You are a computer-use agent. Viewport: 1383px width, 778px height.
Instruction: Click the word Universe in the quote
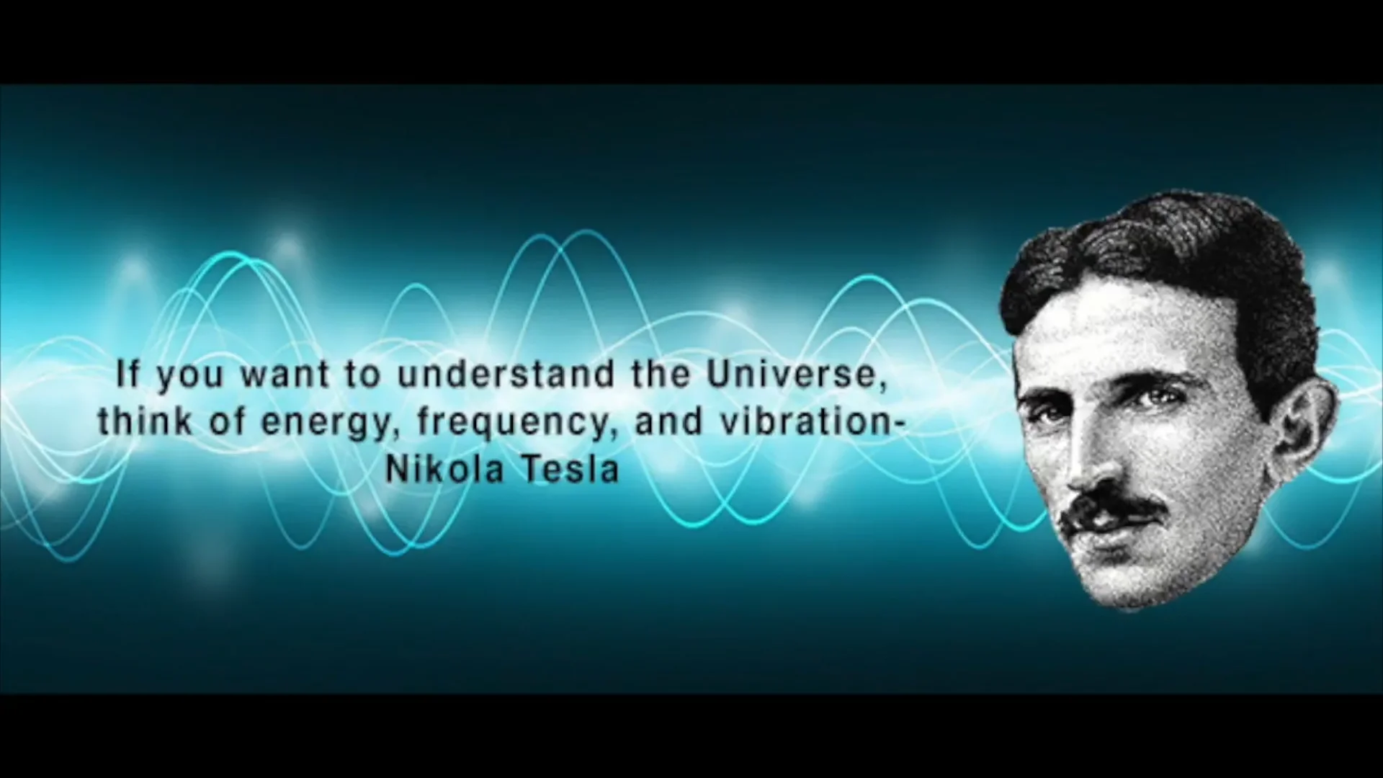788,375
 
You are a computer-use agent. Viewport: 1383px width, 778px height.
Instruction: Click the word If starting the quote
127,375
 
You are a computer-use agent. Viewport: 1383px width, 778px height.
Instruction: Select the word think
146,421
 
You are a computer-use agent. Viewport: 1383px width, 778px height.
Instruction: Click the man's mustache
1113,509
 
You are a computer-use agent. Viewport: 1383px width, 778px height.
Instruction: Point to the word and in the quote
668,421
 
